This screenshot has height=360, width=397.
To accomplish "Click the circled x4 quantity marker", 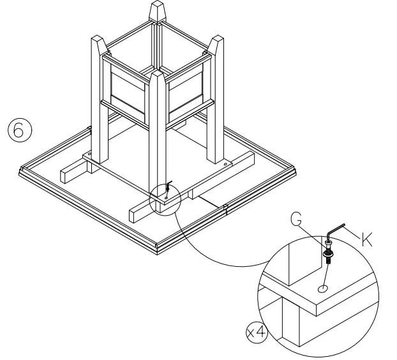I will pos(255,332).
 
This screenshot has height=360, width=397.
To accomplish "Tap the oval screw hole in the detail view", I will pos(323,289).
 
